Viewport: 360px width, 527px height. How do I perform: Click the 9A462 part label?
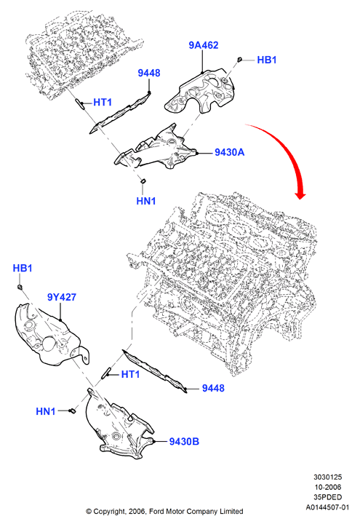(x=204, y=45)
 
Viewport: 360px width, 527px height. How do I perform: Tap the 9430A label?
(x=230, y=152)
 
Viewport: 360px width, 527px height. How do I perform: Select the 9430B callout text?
(x=184, y=441)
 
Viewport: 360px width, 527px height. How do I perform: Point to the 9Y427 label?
(x=62, y=297)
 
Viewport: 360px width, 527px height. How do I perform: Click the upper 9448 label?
(x=149, y=73)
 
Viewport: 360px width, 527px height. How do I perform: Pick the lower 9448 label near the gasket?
(x=213, y=388)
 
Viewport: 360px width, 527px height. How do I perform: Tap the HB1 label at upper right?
(x=267, y=60)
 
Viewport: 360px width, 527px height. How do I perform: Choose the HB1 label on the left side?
(x=23, y=268)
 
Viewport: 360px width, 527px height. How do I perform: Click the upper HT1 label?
(x=103, y=102)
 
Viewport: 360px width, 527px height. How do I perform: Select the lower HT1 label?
(x=130, y=374)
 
